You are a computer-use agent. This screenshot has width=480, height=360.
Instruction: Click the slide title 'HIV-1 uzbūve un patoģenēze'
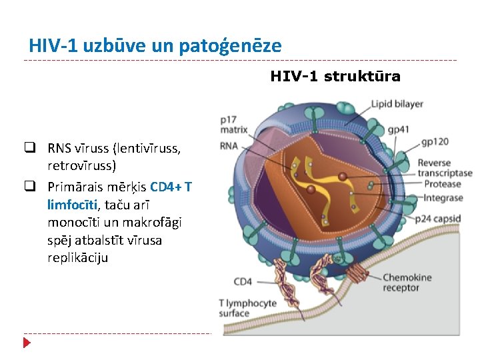(155, 46)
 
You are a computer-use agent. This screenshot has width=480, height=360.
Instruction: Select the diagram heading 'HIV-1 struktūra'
(335, 77)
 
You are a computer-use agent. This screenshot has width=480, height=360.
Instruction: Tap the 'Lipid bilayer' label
(397, 104)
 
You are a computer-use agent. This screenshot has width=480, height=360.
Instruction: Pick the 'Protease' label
(443, 185)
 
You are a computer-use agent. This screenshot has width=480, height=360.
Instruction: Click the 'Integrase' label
(443, 198)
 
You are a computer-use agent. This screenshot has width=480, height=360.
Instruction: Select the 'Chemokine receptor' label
(407, 283)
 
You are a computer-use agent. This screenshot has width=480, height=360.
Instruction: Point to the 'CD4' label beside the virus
(243, 281)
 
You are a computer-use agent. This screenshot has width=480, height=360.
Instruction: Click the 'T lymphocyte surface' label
(247, 308)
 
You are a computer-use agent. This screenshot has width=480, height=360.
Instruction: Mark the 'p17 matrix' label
(233, 125)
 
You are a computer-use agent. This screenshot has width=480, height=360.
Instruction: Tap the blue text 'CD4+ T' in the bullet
(171, 187)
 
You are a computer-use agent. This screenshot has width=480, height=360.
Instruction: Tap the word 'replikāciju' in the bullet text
(77, 257)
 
